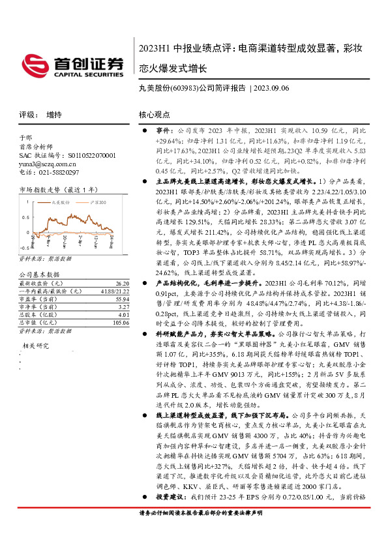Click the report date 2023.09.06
pos(273,88)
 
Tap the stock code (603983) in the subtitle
pos(185,88)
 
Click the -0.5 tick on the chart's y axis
pos(23,248)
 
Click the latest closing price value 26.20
pos(121,284)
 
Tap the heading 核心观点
pos(155,114)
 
